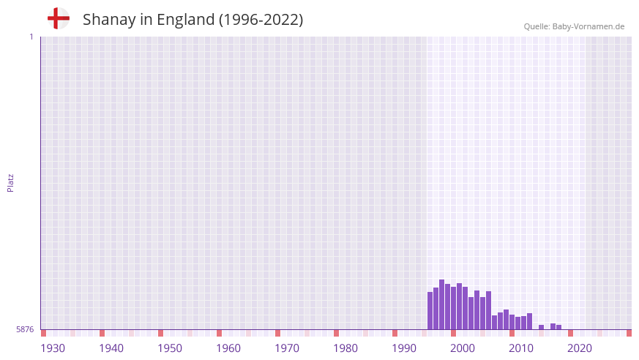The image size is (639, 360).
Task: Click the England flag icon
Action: (58, 18)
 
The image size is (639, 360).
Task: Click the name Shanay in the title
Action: (109, 20)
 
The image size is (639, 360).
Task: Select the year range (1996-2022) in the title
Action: (261, 20)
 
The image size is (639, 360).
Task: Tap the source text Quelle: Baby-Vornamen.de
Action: (574, 26)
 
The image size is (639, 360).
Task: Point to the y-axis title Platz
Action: (10, 182)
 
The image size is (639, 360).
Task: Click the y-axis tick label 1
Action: (31, 37)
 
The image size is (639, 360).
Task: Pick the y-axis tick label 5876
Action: (25, 329)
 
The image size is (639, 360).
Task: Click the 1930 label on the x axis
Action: (53, 348)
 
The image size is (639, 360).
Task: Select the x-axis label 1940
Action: (111, 348)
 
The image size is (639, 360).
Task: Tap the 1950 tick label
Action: (170, 348)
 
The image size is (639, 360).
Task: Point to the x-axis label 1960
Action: (228, 348)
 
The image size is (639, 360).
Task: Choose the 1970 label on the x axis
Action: (287, 348)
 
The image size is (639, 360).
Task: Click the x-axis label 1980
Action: (345, 348)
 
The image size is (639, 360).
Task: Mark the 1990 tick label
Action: (404, 348)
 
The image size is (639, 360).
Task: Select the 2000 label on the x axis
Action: (463, 348)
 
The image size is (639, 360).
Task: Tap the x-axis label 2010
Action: (521, 348)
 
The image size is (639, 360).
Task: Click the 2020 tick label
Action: (580, 348)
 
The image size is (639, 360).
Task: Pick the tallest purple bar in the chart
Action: (441, 304)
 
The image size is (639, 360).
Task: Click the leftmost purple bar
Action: (430, 311)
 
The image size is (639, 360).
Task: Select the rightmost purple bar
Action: (558, 327)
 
